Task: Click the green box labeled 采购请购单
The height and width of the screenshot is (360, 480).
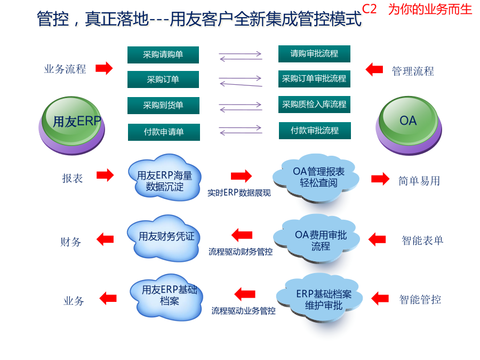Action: [163, 55]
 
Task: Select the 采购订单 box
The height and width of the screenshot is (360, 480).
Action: [163, 79]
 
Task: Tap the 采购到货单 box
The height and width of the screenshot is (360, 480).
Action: [164, 106]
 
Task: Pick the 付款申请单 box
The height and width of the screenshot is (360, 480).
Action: [164, 132]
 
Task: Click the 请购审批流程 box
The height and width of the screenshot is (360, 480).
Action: [314, 54]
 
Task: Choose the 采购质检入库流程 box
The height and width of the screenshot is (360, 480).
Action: [314, 105]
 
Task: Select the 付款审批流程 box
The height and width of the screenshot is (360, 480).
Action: [315, 131]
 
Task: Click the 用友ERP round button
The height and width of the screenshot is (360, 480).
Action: [72, 125]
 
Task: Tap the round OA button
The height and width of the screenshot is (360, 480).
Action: [409, 125]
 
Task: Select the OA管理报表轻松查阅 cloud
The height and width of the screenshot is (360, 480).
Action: [316, 178]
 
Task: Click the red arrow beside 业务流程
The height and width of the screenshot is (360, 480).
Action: [104, 68]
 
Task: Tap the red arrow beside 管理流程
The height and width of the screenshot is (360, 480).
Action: [374, 69]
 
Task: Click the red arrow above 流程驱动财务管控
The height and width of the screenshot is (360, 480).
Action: [242, 235]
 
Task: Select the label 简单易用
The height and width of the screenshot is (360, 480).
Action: [419, 181]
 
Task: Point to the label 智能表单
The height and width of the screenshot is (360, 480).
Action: [422, 241]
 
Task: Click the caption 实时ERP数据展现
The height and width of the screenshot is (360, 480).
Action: [239, 193]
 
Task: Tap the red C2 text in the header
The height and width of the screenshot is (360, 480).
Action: [370, 9]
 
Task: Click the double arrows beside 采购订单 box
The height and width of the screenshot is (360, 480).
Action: [241, 81]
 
